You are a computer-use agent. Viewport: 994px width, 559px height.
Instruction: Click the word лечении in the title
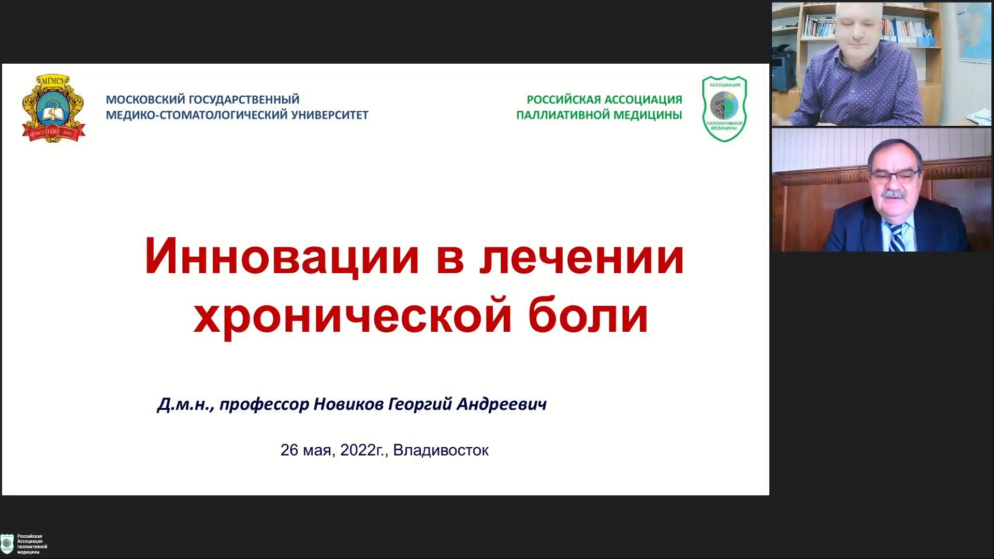pos(581,257)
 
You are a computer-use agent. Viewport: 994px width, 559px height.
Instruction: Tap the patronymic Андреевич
pos(501,403)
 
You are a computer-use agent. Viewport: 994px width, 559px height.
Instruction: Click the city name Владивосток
pos(441,450)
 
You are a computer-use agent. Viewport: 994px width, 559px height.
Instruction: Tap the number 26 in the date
pos(289,450)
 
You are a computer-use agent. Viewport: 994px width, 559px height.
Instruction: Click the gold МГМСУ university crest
pos(53,108)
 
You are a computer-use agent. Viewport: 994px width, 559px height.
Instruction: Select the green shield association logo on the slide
pos(724,109)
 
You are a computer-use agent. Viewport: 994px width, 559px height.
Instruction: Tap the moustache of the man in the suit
pos(894,195)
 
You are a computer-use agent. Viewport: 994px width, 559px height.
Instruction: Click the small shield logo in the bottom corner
pos(7,544)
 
